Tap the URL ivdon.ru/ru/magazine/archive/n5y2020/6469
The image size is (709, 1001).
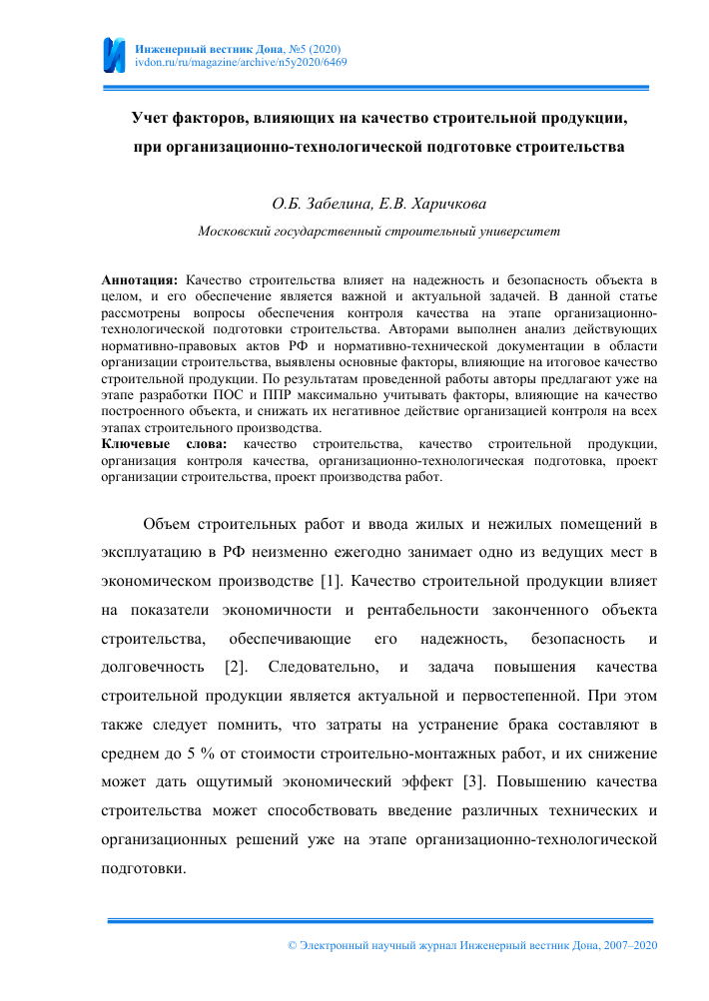[241, 62]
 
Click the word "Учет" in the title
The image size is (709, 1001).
[153, 118]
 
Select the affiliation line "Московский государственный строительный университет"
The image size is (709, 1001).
[379, 231]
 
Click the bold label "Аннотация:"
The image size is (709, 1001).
[140, 269]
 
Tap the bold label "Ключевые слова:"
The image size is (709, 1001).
[165, 443]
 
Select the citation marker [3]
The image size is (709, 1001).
[476, 780]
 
